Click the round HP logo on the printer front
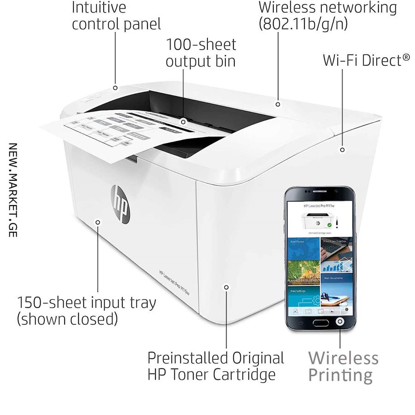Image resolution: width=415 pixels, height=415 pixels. click(120, 203)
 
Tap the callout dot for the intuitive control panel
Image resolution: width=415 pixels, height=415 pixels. click(115, 88)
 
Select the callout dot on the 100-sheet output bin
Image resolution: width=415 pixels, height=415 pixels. click(184, 122)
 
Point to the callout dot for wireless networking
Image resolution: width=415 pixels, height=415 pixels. click(278, 104)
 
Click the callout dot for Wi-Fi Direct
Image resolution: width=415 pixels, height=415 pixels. click(343, 149)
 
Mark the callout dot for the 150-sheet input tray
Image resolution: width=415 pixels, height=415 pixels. click(98, 222)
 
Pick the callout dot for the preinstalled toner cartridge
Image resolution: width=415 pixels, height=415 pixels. click(226, 287)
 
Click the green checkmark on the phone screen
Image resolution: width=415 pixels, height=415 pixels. click(329, 225)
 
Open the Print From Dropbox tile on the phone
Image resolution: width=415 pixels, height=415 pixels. click(338, 249)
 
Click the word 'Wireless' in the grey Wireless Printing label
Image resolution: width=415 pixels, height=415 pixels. click(343, 357)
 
